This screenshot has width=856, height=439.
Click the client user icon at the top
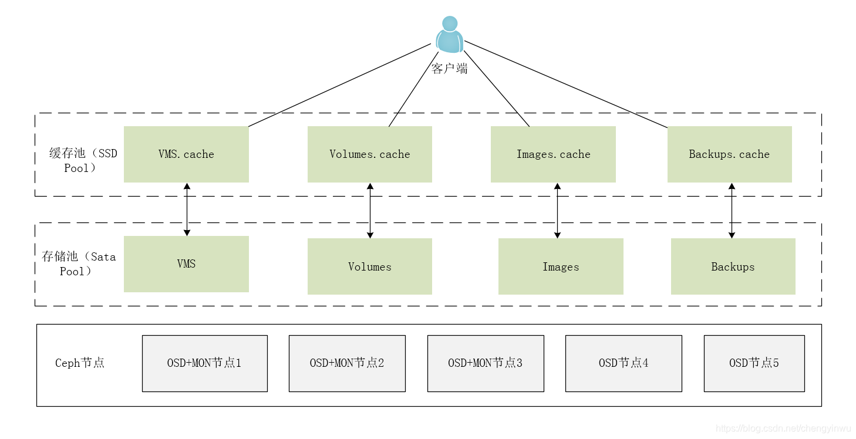[450, 35]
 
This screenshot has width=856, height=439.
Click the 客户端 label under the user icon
[450, 69]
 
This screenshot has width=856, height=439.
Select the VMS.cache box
[186, 154]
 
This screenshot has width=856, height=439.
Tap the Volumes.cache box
[370, 154]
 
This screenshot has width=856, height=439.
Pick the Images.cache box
[553, 154]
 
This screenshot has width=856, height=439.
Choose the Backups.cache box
[729, 154]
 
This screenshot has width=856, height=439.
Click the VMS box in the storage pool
[186, 264]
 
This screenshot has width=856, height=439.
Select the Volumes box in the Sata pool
[370, 266]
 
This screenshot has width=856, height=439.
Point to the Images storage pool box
[561, 266]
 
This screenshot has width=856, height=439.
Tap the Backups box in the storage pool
[733, 266]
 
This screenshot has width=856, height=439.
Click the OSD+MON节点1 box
[204, 363]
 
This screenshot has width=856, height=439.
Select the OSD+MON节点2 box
[347, 363]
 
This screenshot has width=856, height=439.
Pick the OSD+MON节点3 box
[486, 363]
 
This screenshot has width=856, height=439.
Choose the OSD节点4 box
[624, 363]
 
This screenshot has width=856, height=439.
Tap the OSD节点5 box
[754, 363]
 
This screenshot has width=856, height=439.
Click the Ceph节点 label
[80, 363]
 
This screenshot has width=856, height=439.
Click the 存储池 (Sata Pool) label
[79, 264]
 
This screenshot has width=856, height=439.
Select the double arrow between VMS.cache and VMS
[187, 209]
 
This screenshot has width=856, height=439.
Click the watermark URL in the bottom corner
[783, 429]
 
